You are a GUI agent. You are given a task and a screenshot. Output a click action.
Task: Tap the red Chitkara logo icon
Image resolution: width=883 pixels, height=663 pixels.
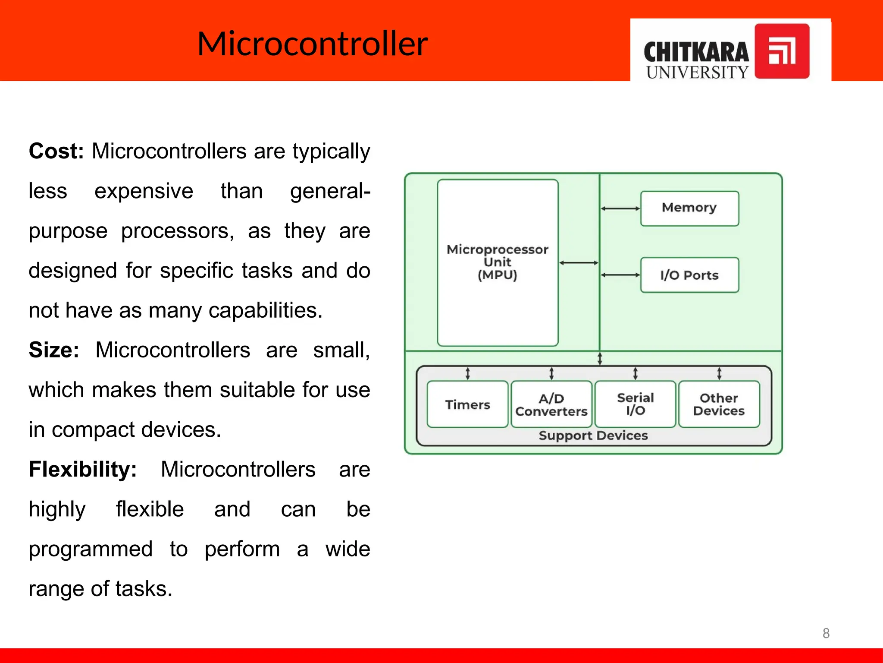782,51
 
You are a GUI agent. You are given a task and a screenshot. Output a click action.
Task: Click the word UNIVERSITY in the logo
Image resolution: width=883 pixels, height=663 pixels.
697,72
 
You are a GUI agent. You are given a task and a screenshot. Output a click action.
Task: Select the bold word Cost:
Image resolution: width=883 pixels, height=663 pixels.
56,152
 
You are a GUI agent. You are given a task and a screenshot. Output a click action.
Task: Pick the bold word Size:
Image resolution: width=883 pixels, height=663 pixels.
54,350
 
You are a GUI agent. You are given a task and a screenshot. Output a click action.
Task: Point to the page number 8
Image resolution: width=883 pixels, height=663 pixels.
826,633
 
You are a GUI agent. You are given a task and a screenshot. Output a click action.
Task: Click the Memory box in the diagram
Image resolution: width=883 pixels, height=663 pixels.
689,208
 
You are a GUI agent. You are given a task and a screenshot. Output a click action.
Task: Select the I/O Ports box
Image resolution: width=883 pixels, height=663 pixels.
689,275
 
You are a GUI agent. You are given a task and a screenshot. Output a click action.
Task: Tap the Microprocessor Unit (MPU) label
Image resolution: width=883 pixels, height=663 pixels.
497,262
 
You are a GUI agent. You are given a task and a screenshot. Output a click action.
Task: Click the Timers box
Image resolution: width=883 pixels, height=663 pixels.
467,404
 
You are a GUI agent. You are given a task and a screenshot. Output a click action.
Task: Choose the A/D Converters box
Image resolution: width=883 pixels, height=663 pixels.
551,404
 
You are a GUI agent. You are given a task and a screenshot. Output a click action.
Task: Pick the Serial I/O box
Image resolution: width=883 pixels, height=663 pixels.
635,404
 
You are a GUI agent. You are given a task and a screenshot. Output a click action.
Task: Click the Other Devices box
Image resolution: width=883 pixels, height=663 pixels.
719,404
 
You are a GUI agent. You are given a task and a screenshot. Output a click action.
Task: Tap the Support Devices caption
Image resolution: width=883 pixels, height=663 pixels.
593,436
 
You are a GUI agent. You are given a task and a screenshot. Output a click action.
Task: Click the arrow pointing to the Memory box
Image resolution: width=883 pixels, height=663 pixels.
620,208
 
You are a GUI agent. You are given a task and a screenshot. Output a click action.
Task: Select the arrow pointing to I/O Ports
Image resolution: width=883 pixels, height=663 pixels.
620,275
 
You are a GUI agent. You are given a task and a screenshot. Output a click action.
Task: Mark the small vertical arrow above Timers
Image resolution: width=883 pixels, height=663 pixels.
467,373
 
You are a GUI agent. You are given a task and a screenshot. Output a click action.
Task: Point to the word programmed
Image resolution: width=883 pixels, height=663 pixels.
91,549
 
